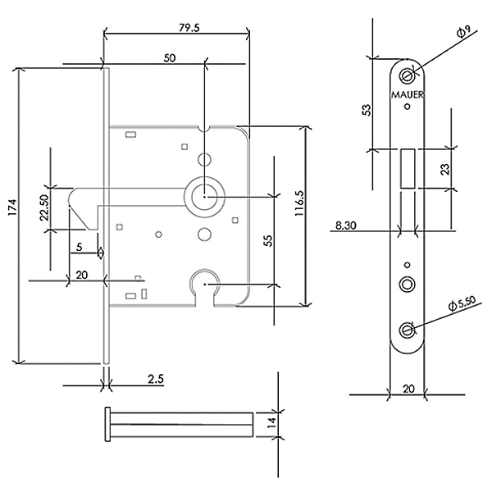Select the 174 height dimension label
point(11,215)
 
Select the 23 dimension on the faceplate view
point(443,169)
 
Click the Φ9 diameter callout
point(461,32)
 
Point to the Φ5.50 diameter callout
point(462,303)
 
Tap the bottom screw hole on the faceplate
point(407,330)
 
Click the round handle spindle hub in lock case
point(204,196)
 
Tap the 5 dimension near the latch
point(79,245)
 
